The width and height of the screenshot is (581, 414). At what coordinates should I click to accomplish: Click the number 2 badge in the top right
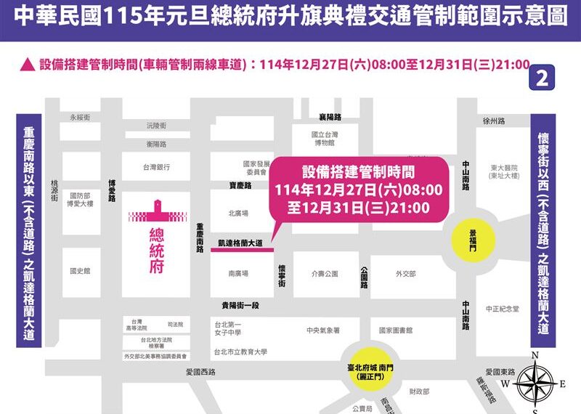point(540,78)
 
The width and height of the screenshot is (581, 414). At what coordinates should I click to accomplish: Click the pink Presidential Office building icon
point(158,212)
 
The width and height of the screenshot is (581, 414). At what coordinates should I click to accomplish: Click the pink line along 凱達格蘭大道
point(242,249)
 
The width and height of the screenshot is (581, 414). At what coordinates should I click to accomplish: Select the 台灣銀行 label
point(156,167)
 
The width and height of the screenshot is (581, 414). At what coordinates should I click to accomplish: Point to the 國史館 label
point(80,271)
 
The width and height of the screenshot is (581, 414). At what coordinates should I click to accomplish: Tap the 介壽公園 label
point(325,274)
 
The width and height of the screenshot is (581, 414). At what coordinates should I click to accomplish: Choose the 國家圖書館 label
point(396,330)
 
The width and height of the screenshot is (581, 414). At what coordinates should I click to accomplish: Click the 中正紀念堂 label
point(503,308)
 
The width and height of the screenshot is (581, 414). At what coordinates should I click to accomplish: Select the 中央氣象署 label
point(323,330)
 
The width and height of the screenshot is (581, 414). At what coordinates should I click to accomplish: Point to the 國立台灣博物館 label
point(325,139)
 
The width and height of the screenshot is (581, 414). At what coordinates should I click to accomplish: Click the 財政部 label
point(419,392)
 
